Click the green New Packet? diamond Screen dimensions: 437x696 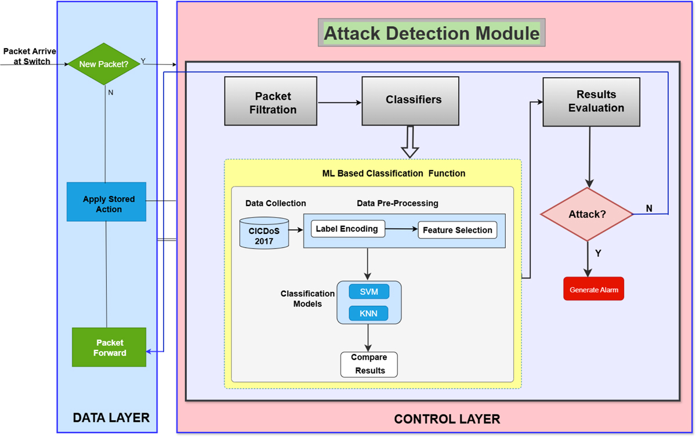point(104,64)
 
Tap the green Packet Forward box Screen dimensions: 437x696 point(109,347)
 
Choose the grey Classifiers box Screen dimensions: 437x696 point(410,100)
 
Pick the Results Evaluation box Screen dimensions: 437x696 point(591,102)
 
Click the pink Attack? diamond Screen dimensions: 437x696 point(587,214)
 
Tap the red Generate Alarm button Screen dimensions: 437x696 point(593,289)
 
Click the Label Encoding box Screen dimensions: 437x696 point(346,229)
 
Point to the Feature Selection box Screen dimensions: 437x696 point(457,230)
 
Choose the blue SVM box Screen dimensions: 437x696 point(369,291)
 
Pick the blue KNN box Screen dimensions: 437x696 point(369,313)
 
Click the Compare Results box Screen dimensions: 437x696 point(369,364)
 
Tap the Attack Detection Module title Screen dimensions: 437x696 point(431,34)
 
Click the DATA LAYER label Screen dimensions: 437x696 point(111,417)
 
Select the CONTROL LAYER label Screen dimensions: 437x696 point(447,419)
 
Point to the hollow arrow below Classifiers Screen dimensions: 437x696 point(410,143)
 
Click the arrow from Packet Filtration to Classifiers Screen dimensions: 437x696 point(340,103)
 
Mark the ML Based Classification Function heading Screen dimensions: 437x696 point(394,173)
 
